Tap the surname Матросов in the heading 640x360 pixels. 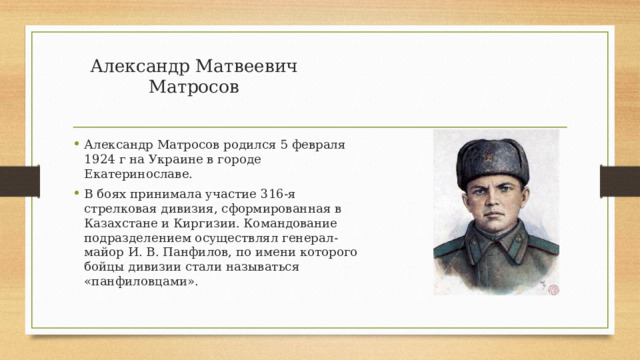194,87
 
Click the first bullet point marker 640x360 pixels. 76,145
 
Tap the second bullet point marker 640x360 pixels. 76,193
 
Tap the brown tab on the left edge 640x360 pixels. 13,179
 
